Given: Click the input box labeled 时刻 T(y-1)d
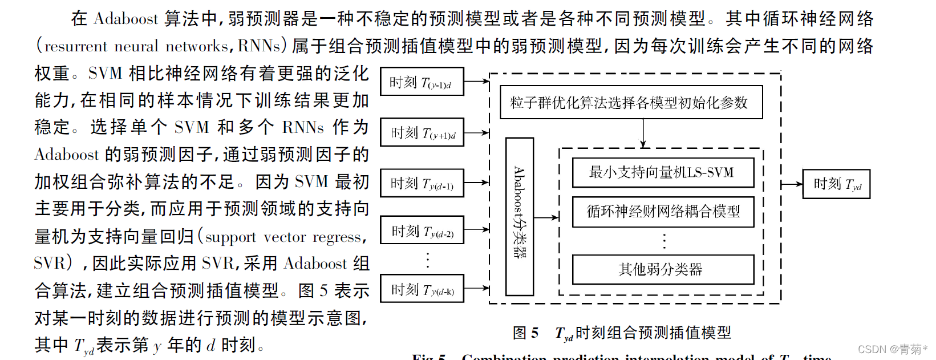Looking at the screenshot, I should click(422, 82).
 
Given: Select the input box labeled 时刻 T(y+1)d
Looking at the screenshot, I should click(422, 133).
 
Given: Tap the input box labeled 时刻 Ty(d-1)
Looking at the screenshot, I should click(422, 183).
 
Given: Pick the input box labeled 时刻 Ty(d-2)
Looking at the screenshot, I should click(422, 230).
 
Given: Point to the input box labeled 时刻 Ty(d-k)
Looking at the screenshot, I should click(422, 289).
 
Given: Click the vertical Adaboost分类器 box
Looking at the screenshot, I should click(520, 216).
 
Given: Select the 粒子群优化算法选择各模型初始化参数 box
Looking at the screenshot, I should click(631, 103).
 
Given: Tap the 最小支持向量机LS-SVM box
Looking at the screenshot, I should click(663, 172).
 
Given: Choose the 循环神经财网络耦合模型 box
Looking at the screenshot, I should click(663, 212).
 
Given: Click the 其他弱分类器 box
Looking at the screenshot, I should click(663, 269).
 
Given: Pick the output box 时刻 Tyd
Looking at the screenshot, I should click(836, 184).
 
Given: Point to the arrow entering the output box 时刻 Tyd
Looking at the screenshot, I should click(792, 184).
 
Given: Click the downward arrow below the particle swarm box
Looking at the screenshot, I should click(643, 135).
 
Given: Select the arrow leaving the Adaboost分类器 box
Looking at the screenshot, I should click(546, 217).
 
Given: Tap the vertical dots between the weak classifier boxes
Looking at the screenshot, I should click(664, 241).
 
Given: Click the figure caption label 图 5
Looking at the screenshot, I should click(525, 333).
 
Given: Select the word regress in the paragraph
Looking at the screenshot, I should click(337, 237).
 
